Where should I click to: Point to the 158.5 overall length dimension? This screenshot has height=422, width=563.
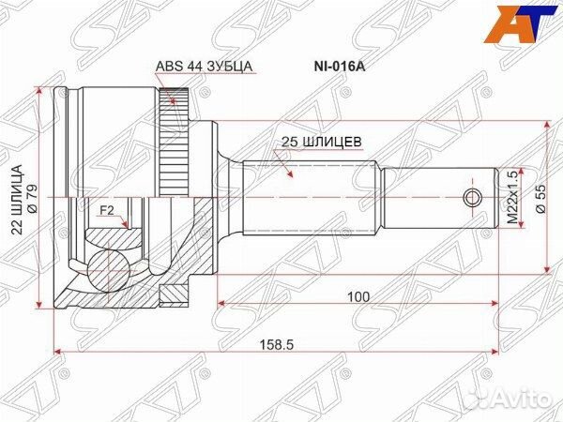(x=279, y=345)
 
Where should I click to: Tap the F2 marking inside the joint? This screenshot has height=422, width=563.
(x=107, y=211)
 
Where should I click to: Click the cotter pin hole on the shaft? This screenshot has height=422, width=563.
(x=475, y=197)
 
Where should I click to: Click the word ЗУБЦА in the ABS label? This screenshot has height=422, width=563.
(x=231, y=68)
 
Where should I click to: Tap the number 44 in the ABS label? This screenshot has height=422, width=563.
(x=189, y=68)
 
